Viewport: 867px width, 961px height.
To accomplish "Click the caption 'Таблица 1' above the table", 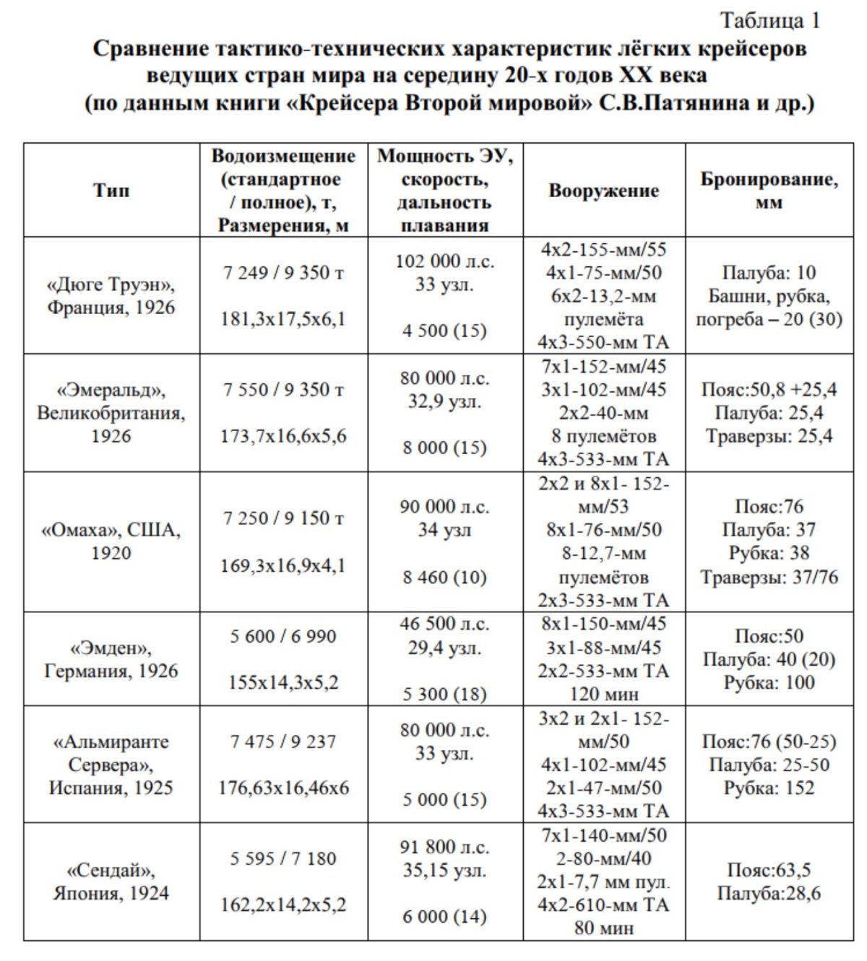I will click(769, 21).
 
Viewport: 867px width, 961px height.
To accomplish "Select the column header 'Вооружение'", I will click(603, 191).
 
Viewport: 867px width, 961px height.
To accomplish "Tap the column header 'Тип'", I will click(111, 191).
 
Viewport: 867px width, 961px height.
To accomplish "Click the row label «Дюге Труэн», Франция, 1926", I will click(111, 296).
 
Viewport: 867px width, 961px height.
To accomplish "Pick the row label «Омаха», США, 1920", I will click(111, 542).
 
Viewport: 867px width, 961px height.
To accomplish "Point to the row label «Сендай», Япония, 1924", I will click(111, 882).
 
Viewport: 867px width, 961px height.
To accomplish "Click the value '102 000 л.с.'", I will click(444, 261).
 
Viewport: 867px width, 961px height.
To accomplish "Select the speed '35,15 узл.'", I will click(444, 871).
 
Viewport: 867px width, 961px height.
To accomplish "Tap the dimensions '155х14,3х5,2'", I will click(283, 682).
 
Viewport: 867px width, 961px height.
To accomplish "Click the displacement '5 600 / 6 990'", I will click(283, 636).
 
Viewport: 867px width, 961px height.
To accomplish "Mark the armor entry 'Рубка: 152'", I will click(769, 788).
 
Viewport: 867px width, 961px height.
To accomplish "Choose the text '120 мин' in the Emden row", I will click(603, 694).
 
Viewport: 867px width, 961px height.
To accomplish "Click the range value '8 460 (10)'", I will click(444, 578).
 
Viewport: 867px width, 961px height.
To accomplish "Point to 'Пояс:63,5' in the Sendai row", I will click(769, 870).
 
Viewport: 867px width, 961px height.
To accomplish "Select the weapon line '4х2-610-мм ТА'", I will click(603, 905).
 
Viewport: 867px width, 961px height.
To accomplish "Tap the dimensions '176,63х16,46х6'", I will click(283, 788).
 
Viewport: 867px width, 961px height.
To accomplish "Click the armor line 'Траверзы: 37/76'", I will click(769, 577).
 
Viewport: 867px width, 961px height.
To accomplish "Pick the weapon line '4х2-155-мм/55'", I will click(603, 250).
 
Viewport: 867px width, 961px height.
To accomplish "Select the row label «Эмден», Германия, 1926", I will click(111, 659).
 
